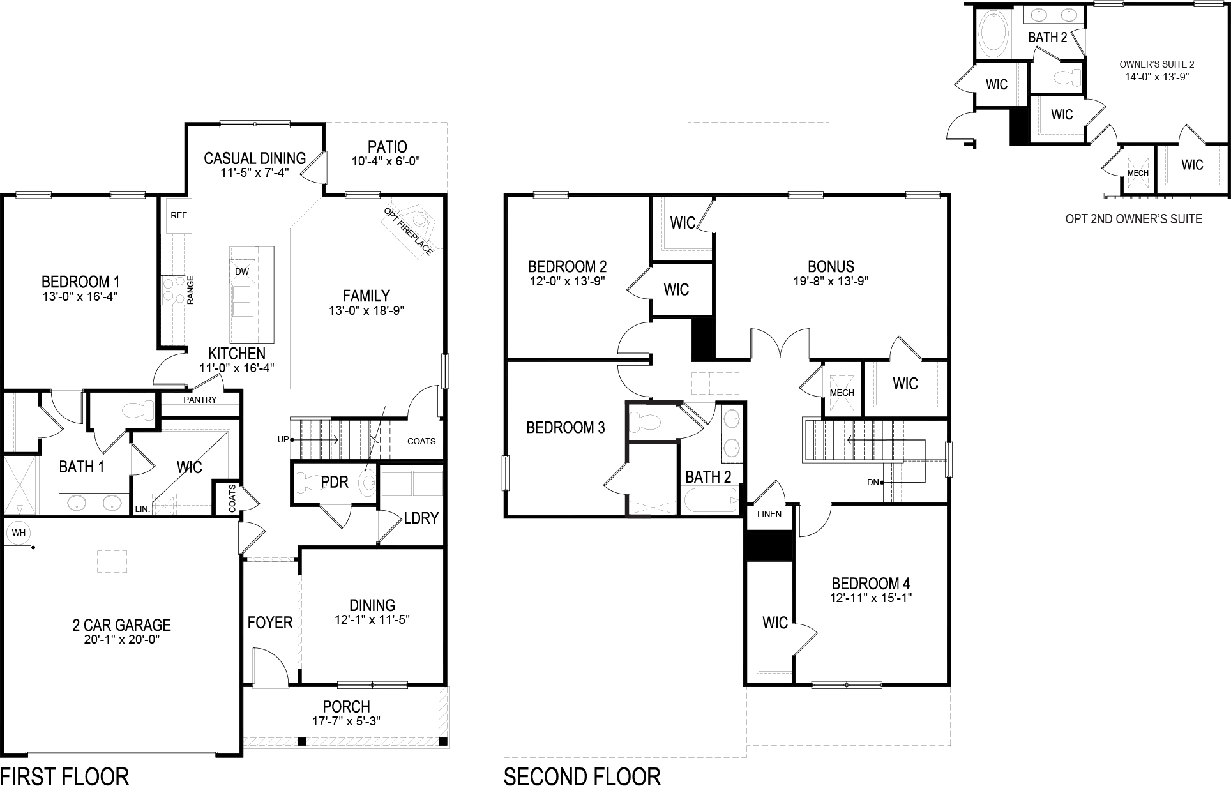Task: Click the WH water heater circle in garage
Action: [19, 532]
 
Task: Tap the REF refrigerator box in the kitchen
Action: [178, 216]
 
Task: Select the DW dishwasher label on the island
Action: [242, 271]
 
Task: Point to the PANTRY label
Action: [200, 400]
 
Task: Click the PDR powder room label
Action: [335, 481]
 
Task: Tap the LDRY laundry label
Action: [421, 518]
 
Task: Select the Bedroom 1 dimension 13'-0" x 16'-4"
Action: [80, 296]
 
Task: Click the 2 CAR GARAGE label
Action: [121, 624]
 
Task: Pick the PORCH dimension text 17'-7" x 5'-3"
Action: [347, 722]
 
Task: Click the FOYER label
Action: [269, 622]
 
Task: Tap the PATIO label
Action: [387, 147]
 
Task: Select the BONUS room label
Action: [831, 266]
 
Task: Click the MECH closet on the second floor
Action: [842, 393]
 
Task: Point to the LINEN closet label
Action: [769, 514]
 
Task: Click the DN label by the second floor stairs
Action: [873, 482]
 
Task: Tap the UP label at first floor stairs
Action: [283, 439]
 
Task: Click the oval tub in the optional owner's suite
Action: [992, 32]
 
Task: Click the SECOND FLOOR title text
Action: [582, 775]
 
